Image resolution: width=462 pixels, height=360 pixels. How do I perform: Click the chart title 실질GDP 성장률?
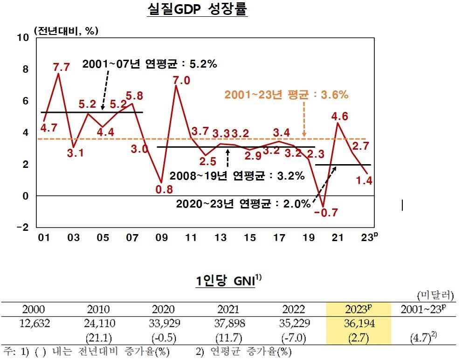(197, 10)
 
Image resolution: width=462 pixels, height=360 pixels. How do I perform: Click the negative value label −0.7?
(325, 213)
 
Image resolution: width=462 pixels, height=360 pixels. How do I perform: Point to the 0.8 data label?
(164, 190)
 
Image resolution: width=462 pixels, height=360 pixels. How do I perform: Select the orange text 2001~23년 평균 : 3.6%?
(286, 95)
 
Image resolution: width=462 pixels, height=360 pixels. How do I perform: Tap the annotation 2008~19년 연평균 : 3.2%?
(237, 176)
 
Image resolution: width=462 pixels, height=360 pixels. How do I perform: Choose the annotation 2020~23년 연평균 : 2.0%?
(243, 204)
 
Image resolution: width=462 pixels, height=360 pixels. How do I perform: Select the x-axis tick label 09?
(161, 238)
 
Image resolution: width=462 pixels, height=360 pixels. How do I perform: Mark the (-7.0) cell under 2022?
(293, 337)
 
